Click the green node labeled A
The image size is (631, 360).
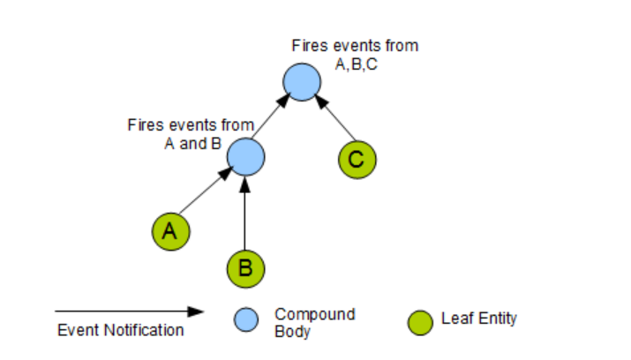170,230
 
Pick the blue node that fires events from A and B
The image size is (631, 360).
245,157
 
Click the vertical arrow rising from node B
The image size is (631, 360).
245,212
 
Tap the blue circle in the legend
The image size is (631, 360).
246,320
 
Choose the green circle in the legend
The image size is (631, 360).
421,320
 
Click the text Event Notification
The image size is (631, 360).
120,330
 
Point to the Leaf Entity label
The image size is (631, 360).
479,319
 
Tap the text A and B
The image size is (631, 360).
192,143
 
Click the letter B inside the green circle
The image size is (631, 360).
245,266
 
